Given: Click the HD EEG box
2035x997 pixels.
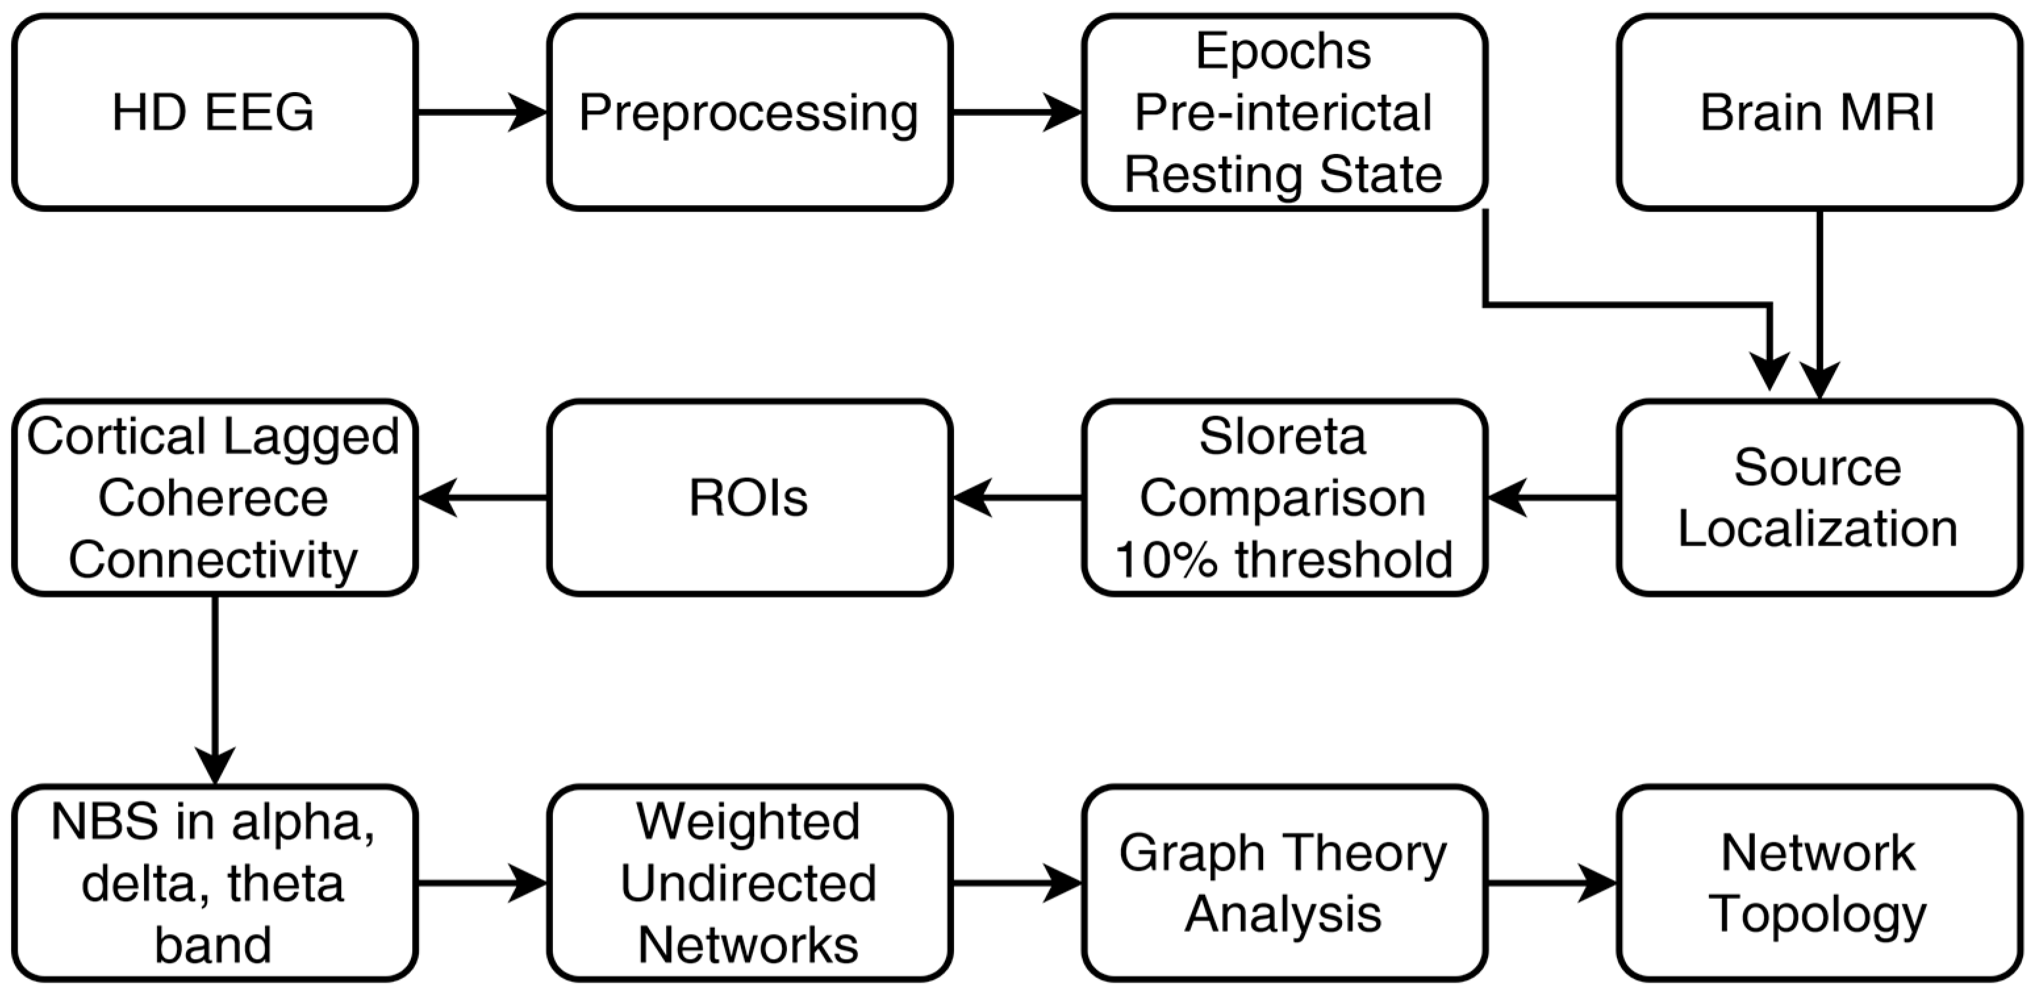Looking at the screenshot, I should (214, 112).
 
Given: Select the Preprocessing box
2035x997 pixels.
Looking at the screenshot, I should (749, 112).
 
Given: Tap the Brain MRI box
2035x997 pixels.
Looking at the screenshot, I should (1819, 112).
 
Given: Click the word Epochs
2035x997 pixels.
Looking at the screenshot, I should (1283, 51).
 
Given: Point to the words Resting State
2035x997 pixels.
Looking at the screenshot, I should (1283, 174).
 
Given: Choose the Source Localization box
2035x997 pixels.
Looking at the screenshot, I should (1819, 498).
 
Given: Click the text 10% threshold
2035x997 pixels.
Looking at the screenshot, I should (1283, 559).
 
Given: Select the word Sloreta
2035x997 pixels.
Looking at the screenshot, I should (1283, 436).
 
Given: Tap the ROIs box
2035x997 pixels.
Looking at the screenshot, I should (749, 498).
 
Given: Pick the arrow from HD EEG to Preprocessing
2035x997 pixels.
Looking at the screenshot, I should (482, 112).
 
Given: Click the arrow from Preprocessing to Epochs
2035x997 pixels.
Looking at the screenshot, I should (1017, 112).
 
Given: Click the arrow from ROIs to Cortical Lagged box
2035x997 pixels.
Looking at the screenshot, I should (482, 498).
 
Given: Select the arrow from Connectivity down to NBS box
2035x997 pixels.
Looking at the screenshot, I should (215, 687).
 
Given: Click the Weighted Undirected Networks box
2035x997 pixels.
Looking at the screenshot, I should (749, 883).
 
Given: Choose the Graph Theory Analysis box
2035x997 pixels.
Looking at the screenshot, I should (1283, 883).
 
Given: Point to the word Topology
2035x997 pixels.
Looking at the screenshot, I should (1819, 915).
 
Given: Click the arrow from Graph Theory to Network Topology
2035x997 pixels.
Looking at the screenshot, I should (1552, 883).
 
